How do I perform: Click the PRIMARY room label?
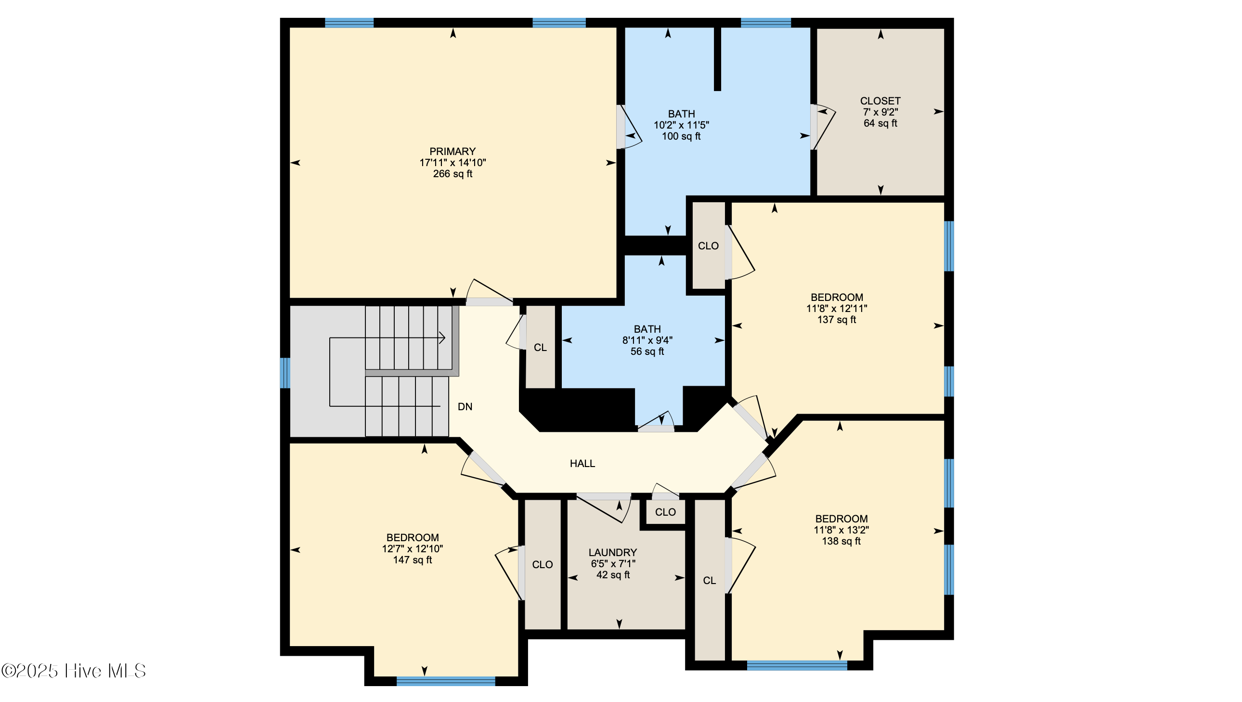pyautogui.click(x=452, y=151)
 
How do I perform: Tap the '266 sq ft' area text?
pyautogui.click(x=452, y=173)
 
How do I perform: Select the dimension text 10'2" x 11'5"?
pyautogui.click(x=681, y=125)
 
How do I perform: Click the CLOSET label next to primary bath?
pyautogui.click(x=880, y=101)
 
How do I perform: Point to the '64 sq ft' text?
pyautogui.click(x=880, y=123)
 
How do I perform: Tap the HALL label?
pyautogui.click(x=582, y=463)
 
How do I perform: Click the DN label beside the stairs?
pyautogui.click(x=465, y=406)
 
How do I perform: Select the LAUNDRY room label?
pyautogui.click(x=612, y=553)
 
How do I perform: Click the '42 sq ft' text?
pyautogui.click(x=612, y=575)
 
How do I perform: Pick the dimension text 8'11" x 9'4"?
pyautogui.click(x=647, y=340)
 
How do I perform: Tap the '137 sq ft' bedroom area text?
pyautogui.click(x=837, y=319)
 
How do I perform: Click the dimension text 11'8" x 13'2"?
pyautogui.click(x=841, y=530)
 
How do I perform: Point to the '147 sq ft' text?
pyautogui.click(x=412, y=560)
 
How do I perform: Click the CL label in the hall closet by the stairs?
pyautogui.click(x=540, y=348)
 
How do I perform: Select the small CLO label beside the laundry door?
pyautogui.click(x=665, y=512)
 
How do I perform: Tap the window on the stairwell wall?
pyautogui.click(x=285, y=373)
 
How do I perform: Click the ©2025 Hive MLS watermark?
pyautogui.click(x=73, y=671)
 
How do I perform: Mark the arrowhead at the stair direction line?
pyautogui.click(x=441, y=338)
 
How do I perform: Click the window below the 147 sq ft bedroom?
pyautogui.click(x=445, y=681)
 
